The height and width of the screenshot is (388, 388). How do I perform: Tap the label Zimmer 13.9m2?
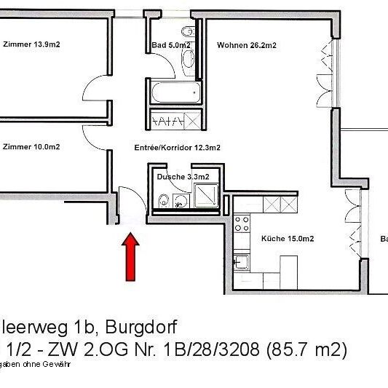pyautogui.click(x=31, y=44)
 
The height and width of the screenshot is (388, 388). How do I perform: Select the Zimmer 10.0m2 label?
pyautogui.click(x=31, y=146)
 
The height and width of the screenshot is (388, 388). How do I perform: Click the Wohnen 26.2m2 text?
pyautogui.click(x=246, y=45)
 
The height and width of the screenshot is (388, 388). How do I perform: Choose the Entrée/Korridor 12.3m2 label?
pyautogui.click(x=178, y=146)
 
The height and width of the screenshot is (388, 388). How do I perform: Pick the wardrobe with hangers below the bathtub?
pyautogui.click(x=174, y=120)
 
